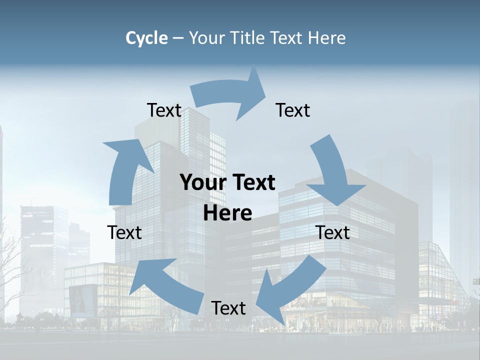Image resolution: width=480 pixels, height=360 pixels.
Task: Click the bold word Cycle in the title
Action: point(146,38)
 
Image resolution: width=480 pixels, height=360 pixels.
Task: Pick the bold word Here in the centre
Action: point(227,213)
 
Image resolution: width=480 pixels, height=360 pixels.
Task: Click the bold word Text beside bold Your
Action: point(252,182)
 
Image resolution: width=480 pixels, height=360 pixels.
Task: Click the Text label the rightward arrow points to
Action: point(293,110)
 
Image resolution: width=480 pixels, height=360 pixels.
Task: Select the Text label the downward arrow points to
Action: point(333,232)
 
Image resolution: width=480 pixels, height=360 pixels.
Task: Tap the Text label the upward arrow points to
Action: point(164,110)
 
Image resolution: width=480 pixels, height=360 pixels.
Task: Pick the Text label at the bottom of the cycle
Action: point(228,308)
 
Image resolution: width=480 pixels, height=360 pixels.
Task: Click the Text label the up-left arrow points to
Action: point(124,232)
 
